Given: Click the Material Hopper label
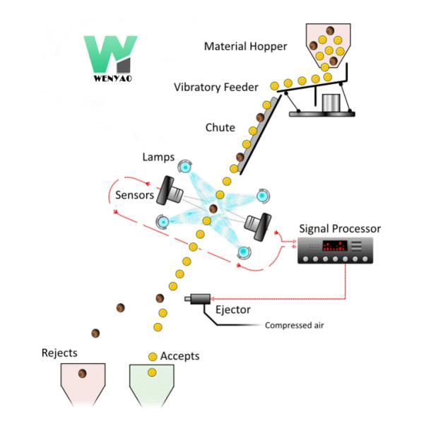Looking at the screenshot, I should click(x=246, y=47).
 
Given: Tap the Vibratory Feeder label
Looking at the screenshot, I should click(x=216, y=87).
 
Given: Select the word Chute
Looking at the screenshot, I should click(x=220, y=128).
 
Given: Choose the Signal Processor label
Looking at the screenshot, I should click(x=340, y=229).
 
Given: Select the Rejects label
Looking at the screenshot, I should click(x=59, y=352).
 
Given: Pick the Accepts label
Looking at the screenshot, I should click(x=180, y=355).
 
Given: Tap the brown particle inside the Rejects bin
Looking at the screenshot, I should click(x=83, y=373).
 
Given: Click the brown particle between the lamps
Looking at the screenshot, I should click(x=213, y=208).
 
